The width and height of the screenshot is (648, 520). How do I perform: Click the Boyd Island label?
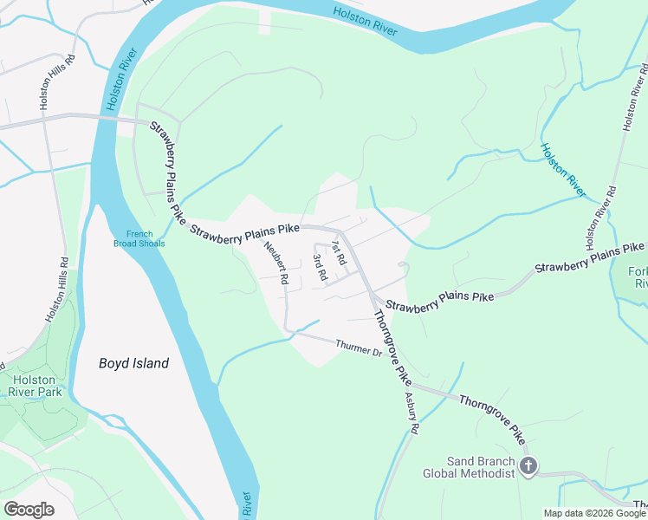point(133,364)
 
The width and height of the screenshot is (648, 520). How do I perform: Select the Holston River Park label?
point(35,386)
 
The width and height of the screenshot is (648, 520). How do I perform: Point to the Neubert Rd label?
point(276,263)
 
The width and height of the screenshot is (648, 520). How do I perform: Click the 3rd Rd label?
point(319,267)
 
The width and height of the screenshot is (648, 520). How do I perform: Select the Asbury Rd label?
point(412,414)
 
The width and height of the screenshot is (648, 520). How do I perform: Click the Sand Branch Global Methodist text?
point(468,467)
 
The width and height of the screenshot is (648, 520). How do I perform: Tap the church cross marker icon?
point(528,467)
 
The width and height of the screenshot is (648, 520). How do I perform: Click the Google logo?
point(29,510)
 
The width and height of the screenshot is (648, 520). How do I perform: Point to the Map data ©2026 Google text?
point(594,513)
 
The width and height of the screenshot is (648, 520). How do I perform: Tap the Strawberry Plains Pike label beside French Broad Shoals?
point(167,173)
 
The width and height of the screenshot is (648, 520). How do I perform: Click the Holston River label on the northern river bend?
point(366,20)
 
